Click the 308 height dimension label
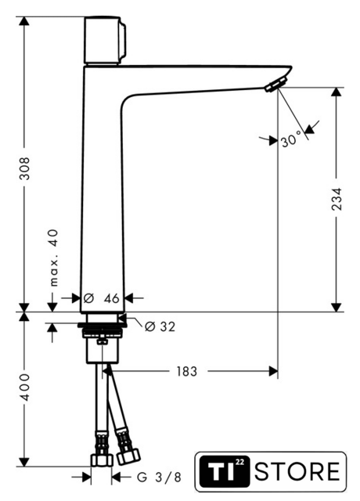coord(24,168)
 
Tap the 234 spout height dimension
coord(337,199)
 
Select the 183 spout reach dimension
coord(187,371)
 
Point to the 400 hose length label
coord(24,387)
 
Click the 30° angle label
coord(291,139)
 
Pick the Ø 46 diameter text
coord(101,298)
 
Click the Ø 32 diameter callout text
coord(160,326)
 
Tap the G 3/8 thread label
coord(159,478)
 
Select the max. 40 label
coord(54,258)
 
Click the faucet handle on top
coord(105,40)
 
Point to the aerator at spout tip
coord(277,84)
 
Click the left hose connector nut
coord(102,460)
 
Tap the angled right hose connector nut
coord(128,456)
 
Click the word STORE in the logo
coord(297,471)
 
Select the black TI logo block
coord(225,471)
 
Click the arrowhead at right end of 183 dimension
coord(273,371)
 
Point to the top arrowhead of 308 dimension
coord(24,21)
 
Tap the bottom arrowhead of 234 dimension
coord(337,307)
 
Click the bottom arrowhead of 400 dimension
coord(24,462)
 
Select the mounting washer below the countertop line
coord(103,326)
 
